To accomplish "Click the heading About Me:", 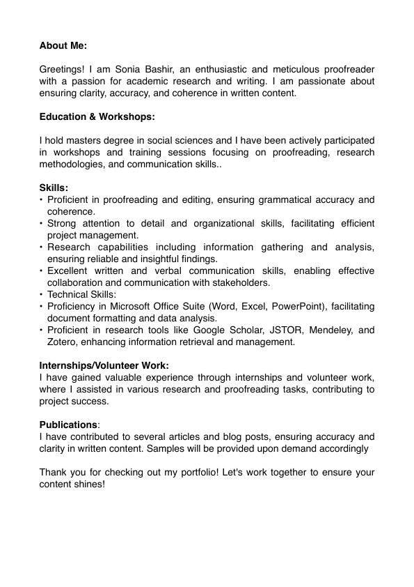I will (63, 45).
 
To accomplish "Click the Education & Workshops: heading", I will (97, 116).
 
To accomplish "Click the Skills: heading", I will (54, 188).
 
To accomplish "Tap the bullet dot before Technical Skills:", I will (41, 294).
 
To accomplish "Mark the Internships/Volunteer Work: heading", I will (104, 365).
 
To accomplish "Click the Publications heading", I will (68, 425).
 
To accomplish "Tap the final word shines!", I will (90, 484).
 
